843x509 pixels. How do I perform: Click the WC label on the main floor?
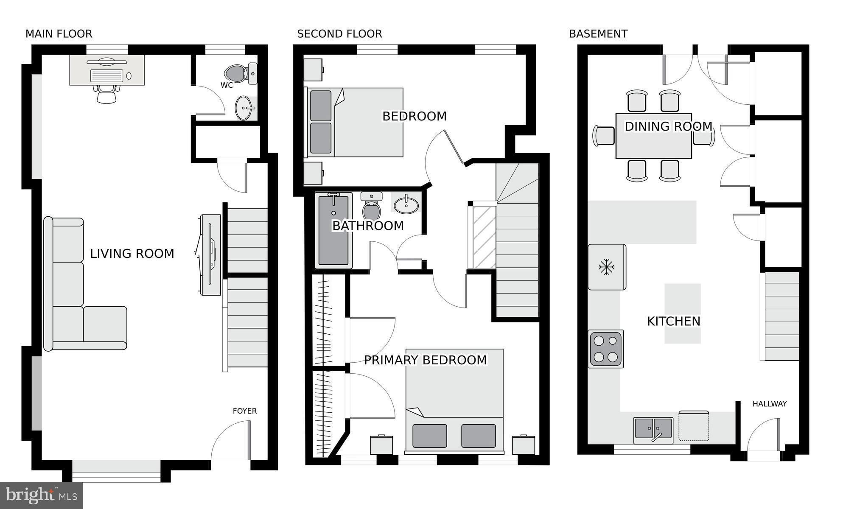[227, 85]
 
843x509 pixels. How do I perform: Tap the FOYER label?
[245, 411]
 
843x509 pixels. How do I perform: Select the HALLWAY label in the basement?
[770, 404]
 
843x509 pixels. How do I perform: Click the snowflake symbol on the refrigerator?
[607, 267]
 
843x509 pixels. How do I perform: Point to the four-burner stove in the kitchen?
[606, 349]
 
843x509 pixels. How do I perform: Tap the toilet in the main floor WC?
[241, 73]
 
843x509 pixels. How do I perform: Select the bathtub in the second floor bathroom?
[333, 230]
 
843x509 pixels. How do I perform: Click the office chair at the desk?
[106, 94]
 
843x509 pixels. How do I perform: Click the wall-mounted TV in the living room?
[211, 255]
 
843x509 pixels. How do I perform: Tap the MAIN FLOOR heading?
[59, 34]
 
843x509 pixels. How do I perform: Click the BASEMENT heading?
[598, 34]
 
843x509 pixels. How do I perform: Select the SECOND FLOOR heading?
[339, 34]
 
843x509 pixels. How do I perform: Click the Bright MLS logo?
[42, 495]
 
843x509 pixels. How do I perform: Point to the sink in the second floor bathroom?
[406, 205]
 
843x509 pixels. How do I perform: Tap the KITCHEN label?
[674, 322]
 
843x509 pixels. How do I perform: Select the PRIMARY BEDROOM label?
[426, 360]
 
